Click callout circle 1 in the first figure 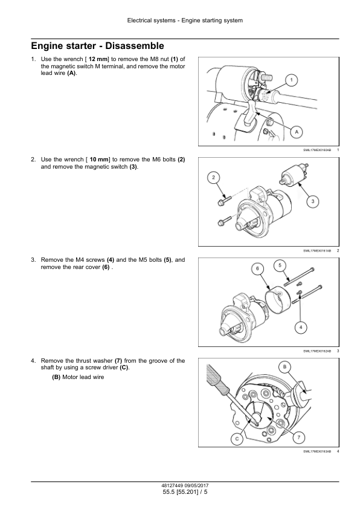tap(291, 80)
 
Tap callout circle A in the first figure tap(297, 132)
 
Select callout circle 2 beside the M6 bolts tap(213, 177)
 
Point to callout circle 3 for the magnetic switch tap(313, 201)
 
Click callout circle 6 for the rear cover tap(257, 268)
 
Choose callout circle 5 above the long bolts tap(280, 265)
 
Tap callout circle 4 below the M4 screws tap(301, 327)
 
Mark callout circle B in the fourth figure tap(284, 367)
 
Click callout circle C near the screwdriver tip tap(237, 439)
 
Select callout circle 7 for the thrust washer tap(299, 437)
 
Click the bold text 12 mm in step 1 tap(98, 59)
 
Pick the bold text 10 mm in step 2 tap(99, 160)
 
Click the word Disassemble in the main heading tap(135, 46)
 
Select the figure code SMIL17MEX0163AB tap(317, 451)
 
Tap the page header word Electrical tap(140, 21)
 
